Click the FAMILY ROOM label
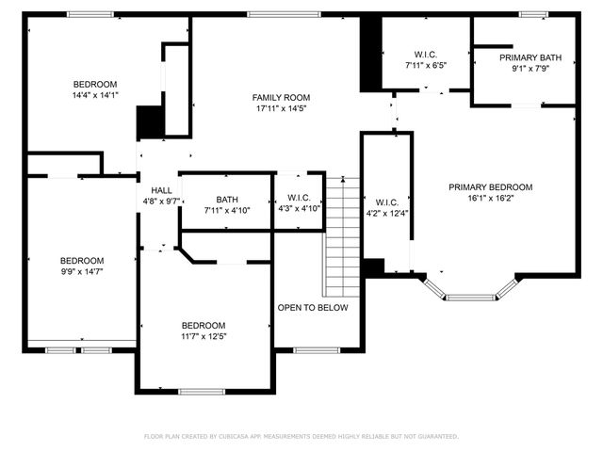click(x=281, y=97)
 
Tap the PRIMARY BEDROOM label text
click(x=490, y=187)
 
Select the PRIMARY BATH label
click(x=530, y=57)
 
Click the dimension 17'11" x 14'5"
click(x=281, y=109)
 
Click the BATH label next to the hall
click(x=226, y=199)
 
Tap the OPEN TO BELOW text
click(x=312, y=308)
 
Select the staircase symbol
click(x=343, y=235)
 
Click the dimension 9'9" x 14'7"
click(x=82, y=272)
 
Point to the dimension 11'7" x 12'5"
click(x=204, y=336)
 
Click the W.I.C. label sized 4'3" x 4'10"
click(x=299, y=198)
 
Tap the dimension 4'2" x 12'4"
click(x=387, y=214)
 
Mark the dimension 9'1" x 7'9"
click(x=530, y=69)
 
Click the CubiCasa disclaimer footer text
click(x=301, y=437)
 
